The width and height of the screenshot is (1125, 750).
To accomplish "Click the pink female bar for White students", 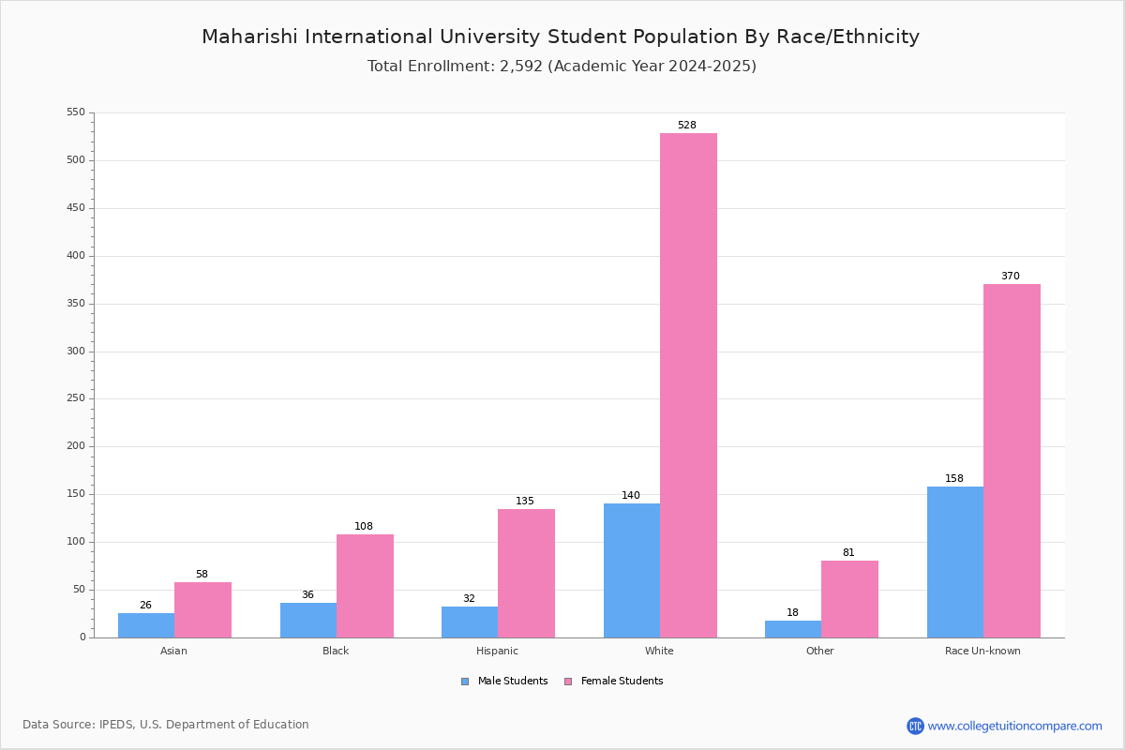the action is (x=688, y=385).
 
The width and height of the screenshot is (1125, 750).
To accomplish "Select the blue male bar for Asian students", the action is (x=146, y=625).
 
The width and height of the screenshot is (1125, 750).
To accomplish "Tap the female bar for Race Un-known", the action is (x=1012, y=460).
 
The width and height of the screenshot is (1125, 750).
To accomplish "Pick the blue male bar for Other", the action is (x=793, y=629).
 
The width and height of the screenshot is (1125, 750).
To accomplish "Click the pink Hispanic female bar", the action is (x=526, y=573).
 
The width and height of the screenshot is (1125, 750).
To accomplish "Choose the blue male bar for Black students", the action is (x=308, y=621).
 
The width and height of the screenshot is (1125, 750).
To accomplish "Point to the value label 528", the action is (x=686, y=125).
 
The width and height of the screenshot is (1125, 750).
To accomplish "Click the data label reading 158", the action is (x=953, y=478).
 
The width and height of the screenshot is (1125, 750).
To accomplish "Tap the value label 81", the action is (x=848, y=552).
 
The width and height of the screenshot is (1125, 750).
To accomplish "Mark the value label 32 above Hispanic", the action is (x=469, y=598).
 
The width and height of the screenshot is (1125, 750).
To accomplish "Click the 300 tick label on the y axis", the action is (x=76, y=352).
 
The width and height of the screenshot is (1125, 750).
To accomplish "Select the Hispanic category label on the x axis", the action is (x=497, y=651).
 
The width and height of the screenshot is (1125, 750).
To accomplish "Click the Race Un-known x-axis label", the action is (x=982, y=651).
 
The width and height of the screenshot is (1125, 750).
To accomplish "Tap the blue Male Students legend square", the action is (x=465, y=682).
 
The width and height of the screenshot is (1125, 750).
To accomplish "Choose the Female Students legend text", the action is (x=622, y=681).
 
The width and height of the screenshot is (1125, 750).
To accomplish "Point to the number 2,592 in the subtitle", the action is (x=521, y=67).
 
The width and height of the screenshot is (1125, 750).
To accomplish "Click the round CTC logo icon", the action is (x=915, y=726).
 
